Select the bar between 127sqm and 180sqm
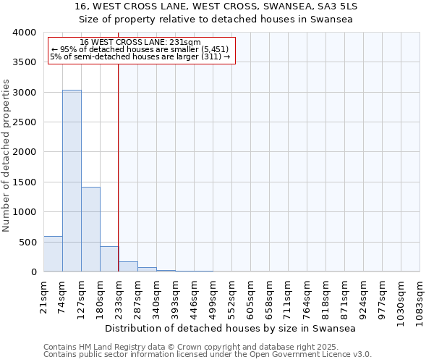coord(90,229)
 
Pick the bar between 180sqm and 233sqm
coord(109,259)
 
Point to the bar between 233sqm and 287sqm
coord(128,266)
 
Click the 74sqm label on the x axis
coord(63,295)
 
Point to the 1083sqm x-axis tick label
coord(420,300)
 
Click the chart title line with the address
coord(216,7)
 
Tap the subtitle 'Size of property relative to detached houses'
coord(216,20)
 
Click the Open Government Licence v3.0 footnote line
coord(208,354)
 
